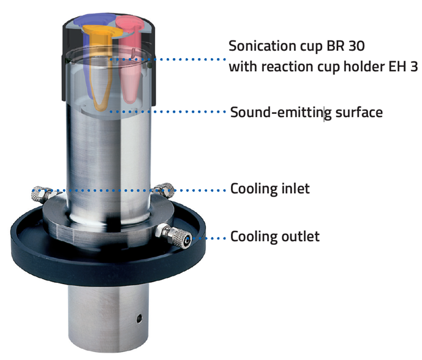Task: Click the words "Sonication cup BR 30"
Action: tap(296, 47)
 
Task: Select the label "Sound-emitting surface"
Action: tap(306, 113)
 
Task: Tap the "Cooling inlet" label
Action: tap(269, 189)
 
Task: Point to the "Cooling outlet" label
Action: tap(274, 236)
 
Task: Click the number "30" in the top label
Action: tap(356, 47)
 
